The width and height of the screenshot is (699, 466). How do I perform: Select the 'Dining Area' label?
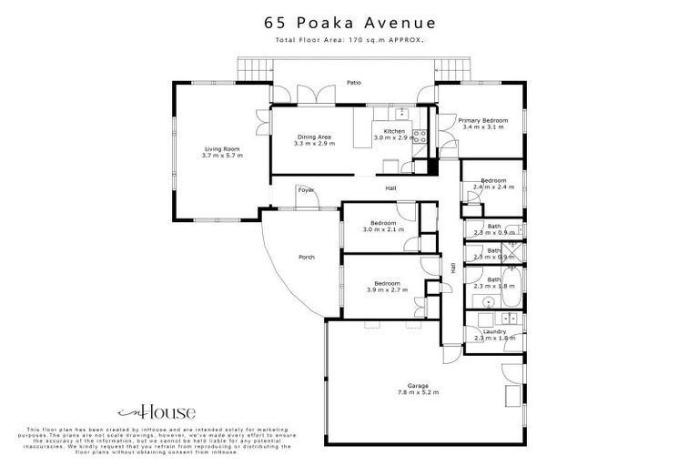point(313,137)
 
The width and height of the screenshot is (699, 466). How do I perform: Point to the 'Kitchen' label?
point(394,131)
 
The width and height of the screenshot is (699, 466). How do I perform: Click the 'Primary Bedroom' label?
point(482,120)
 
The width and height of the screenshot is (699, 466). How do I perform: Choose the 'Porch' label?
point(307,258)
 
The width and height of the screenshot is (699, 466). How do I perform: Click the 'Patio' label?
point(354,83)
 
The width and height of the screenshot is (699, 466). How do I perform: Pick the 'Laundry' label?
point(495,331)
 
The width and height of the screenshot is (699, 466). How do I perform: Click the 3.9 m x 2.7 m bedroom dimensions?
point(388,289)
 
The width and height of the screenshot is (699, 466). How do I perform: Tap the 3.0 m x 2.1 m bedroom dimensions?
point(383,230)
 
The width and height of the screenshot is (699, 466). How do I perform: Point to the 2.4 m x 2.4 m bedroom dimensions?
point(494,187)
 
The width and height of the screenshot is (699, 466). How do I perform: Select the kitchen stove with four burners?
point(420,137)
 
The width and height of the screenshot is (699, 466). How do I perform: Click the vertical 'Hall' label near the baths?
point(452,268)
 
